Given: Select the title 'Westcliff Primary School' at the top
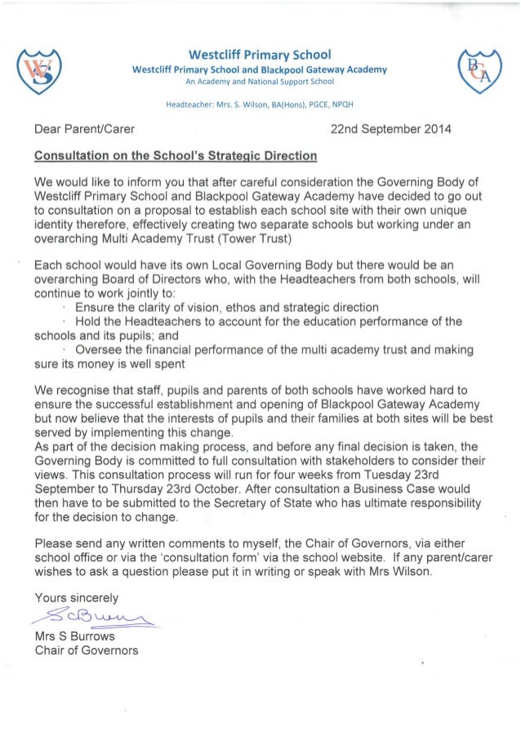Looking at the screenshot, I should [x=260, y=55].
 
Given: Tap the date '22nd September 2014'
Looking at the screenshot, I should [x=390, y=129].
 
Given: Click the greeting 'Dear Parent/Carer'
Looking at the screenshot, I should [x=84, y=129].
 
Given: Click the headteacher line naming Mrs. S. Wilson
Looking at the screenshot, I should [x=260, y=105].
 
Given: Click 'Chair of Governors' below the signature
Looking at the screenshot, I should [x=87, y=650].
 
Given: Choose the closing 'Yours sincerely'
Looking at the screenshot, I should [x=76, y=596].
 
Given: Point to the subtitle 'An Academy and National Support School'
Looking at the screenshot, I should [x=260, y=83].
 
